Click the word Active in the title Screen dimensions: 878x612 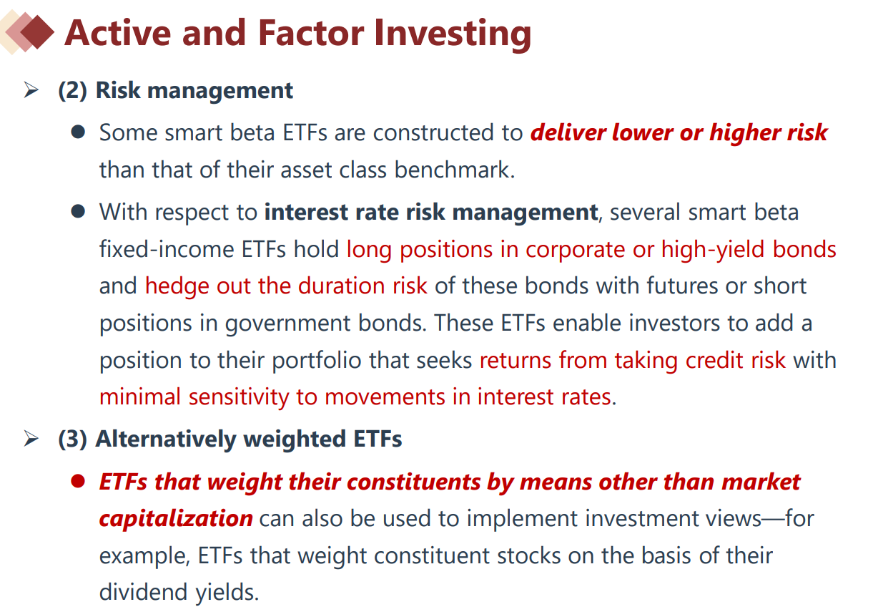[118, 33]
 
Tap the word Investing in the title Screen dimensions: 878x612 [453, 35]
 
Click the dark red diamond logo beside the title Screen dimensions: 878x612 [37, 31]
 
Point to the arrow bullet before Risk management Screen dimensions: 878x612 [31, 90]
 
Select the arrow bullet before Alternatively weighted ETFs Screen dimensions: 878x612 [31, 438]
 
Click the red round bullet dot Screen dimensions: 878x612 [78, 481]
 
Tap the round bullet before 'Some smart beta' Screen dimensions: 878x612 [78, 132]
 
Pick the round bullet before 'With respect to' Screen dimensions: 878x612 [78, 211]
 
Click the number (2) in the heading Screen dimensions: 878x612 [72, 91]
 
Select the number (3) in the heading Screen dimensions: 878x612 [72, 439]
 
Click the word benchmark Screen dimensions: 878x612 [454, 170]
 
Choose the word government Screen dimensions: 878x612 [287, 324]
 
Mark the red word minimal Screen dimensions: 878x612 [140, 397]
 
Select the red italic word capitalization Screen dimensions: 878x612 [176, 519]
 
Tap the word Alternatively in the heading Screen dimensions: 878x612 [166, 439]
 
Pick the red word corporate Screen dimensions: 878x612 [575, 251]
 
